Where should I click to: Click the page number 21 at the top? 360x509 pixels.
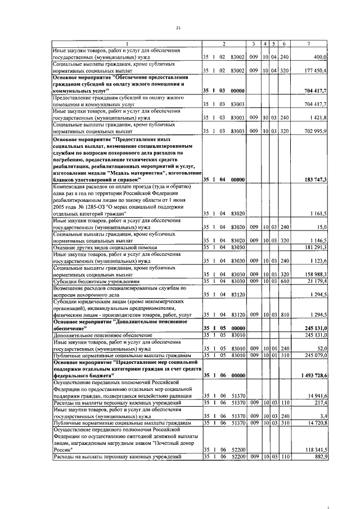point(179,28)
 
